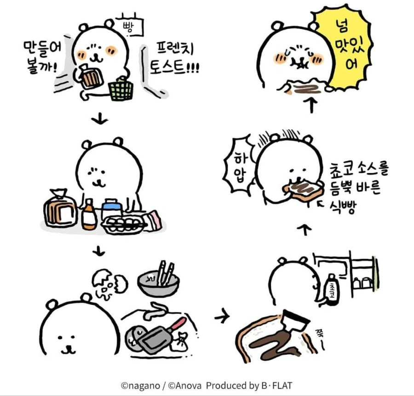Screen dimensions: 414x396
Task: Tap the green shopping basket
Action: (x=121, y=89)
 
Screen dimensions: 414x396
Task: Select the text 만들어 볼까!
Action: (x=42, y=57)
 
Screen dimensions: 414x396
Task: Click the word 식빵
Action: (x=343, y=207)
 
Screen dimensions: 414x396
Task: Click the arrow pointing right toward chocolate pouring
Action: (x=222, y=316)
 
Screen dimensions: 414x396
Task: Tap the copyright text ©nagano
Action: (x=140, y=386)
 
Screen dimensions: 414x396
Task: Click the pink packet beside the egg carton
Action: (x=153, y=220)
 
